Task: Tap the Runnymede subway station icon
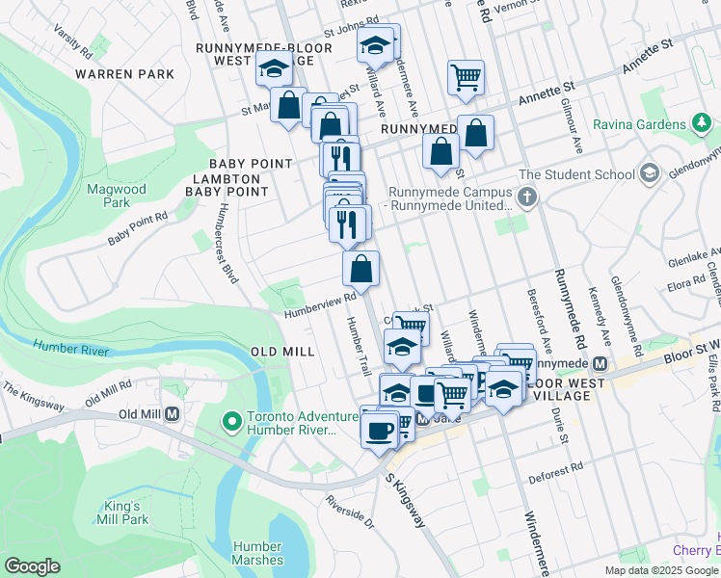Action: click(x=600, y=364)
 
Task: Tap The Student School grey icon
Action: click(x=650, y=173)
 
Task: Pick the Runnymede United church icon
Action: click(x=527, y=198)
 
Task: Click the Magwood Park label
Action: click(x=108, y=197)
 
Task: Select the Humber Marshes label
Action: click(x=257, y=553)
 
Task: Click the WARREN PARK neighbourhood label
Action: click(x=125, y=74)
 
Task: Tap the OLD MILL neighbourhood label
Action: click(x=282, y=352)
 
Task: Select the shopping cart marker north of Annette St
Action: click(x=466, y=77)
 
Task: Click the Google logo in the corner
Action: click(x=33, y=566)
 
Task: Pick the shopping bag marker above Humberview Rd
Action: click(x=360, y=269)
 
